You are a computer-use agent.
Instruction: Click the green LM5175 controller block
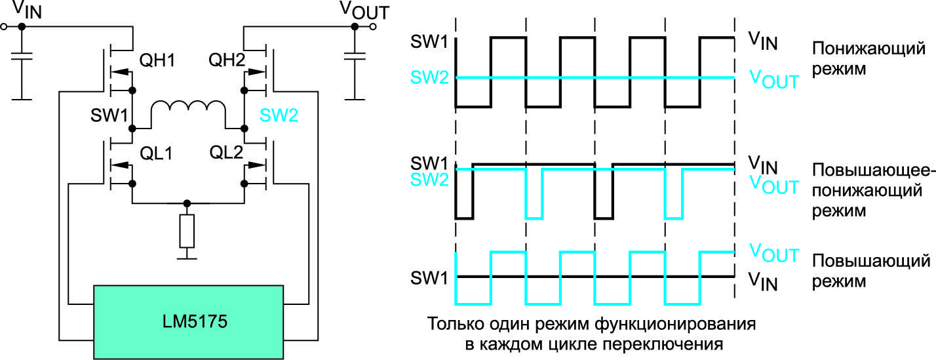[x=189, y=321]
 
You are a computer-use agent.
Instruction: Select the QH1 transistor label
[x=157, y=62]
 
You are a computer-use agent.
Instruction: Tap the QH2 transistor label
[x=226, y=62]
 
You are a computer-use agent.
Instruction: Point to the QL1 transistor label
[x=157, y=153]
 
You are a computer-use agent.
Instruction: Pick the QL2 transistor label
[x=227, y=153]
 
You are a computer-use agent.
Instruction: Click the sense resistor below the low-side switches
[x=187, y=230]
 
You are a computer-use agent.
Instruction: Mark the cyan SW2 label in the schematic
[x=279, y=116]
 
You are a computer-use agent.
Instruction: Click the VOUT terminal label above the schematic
[x=364, y=10]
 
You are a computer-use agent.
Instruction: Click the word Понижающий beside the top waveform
[x=868, y=50]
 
